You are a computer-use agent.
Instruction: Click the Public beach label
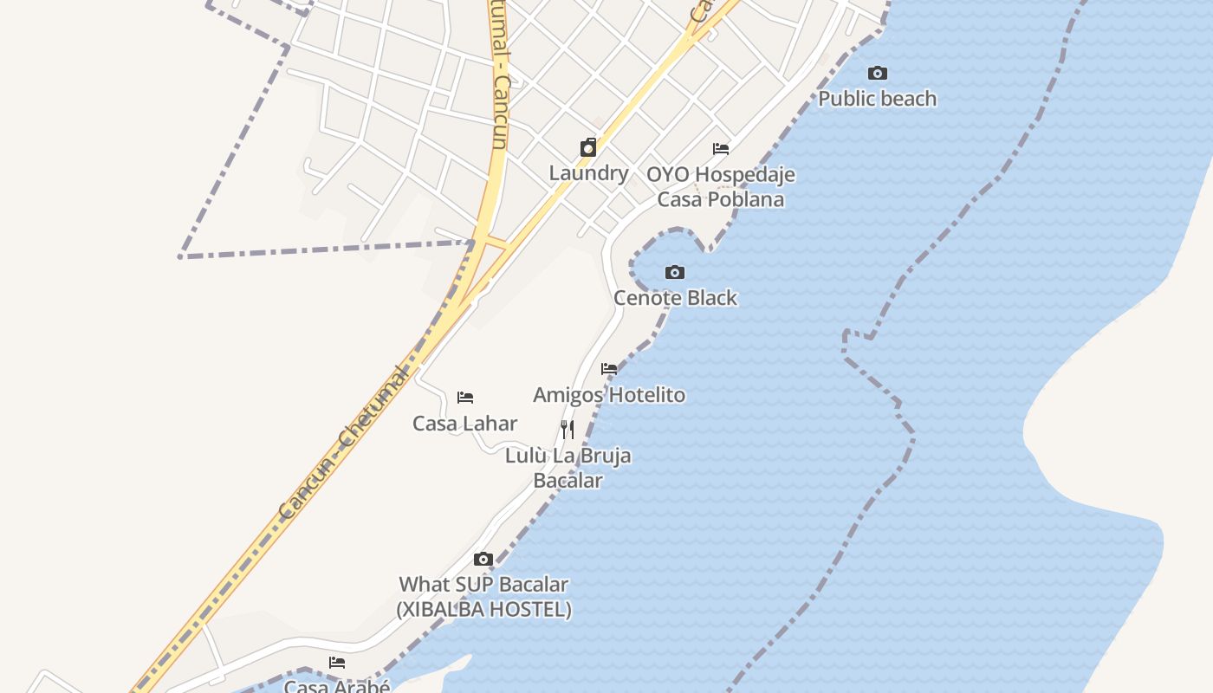(x=877, y=99)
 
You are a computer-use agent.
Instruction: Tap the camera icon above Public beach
(x=877, y=74)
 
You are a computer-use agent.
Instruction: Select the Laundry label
(x=588, y=173)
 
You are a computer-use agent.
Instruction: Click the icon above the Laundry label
(x=588, y=148)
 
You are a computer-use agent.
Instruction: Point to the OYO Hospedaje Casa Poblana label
(x=720, y=187)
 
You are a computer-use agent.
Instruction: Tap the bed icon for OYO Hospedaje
(x=720, y=149)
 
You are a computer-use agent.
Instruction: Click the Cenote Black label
(x=675, y=298)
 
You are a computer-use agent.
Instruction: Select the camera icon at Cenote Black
(x=675, y=273)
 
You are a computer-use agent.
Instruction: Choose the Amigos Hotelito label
(x=608, y=395)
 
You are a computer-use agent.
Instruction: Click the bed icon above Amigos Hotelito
(x=609, y=369)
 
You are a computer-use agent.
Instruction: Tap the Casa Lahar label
(x=464, y=424)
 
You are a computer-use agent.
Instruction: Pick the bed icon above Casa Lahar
(x=465, y=398)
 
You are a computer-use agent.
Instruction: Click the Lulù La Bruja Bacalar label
(x=568, y=468)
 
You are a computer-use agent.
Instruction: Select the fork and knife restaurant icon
(x=568, y=429)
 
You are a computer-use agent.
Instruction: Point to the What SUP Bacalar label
(x=483, y=585)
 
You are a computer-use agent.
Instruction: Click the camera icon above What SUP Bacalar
(x=483, y=560)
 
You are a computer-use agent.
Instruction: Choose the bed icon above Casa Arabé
(x=337, y=663)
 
